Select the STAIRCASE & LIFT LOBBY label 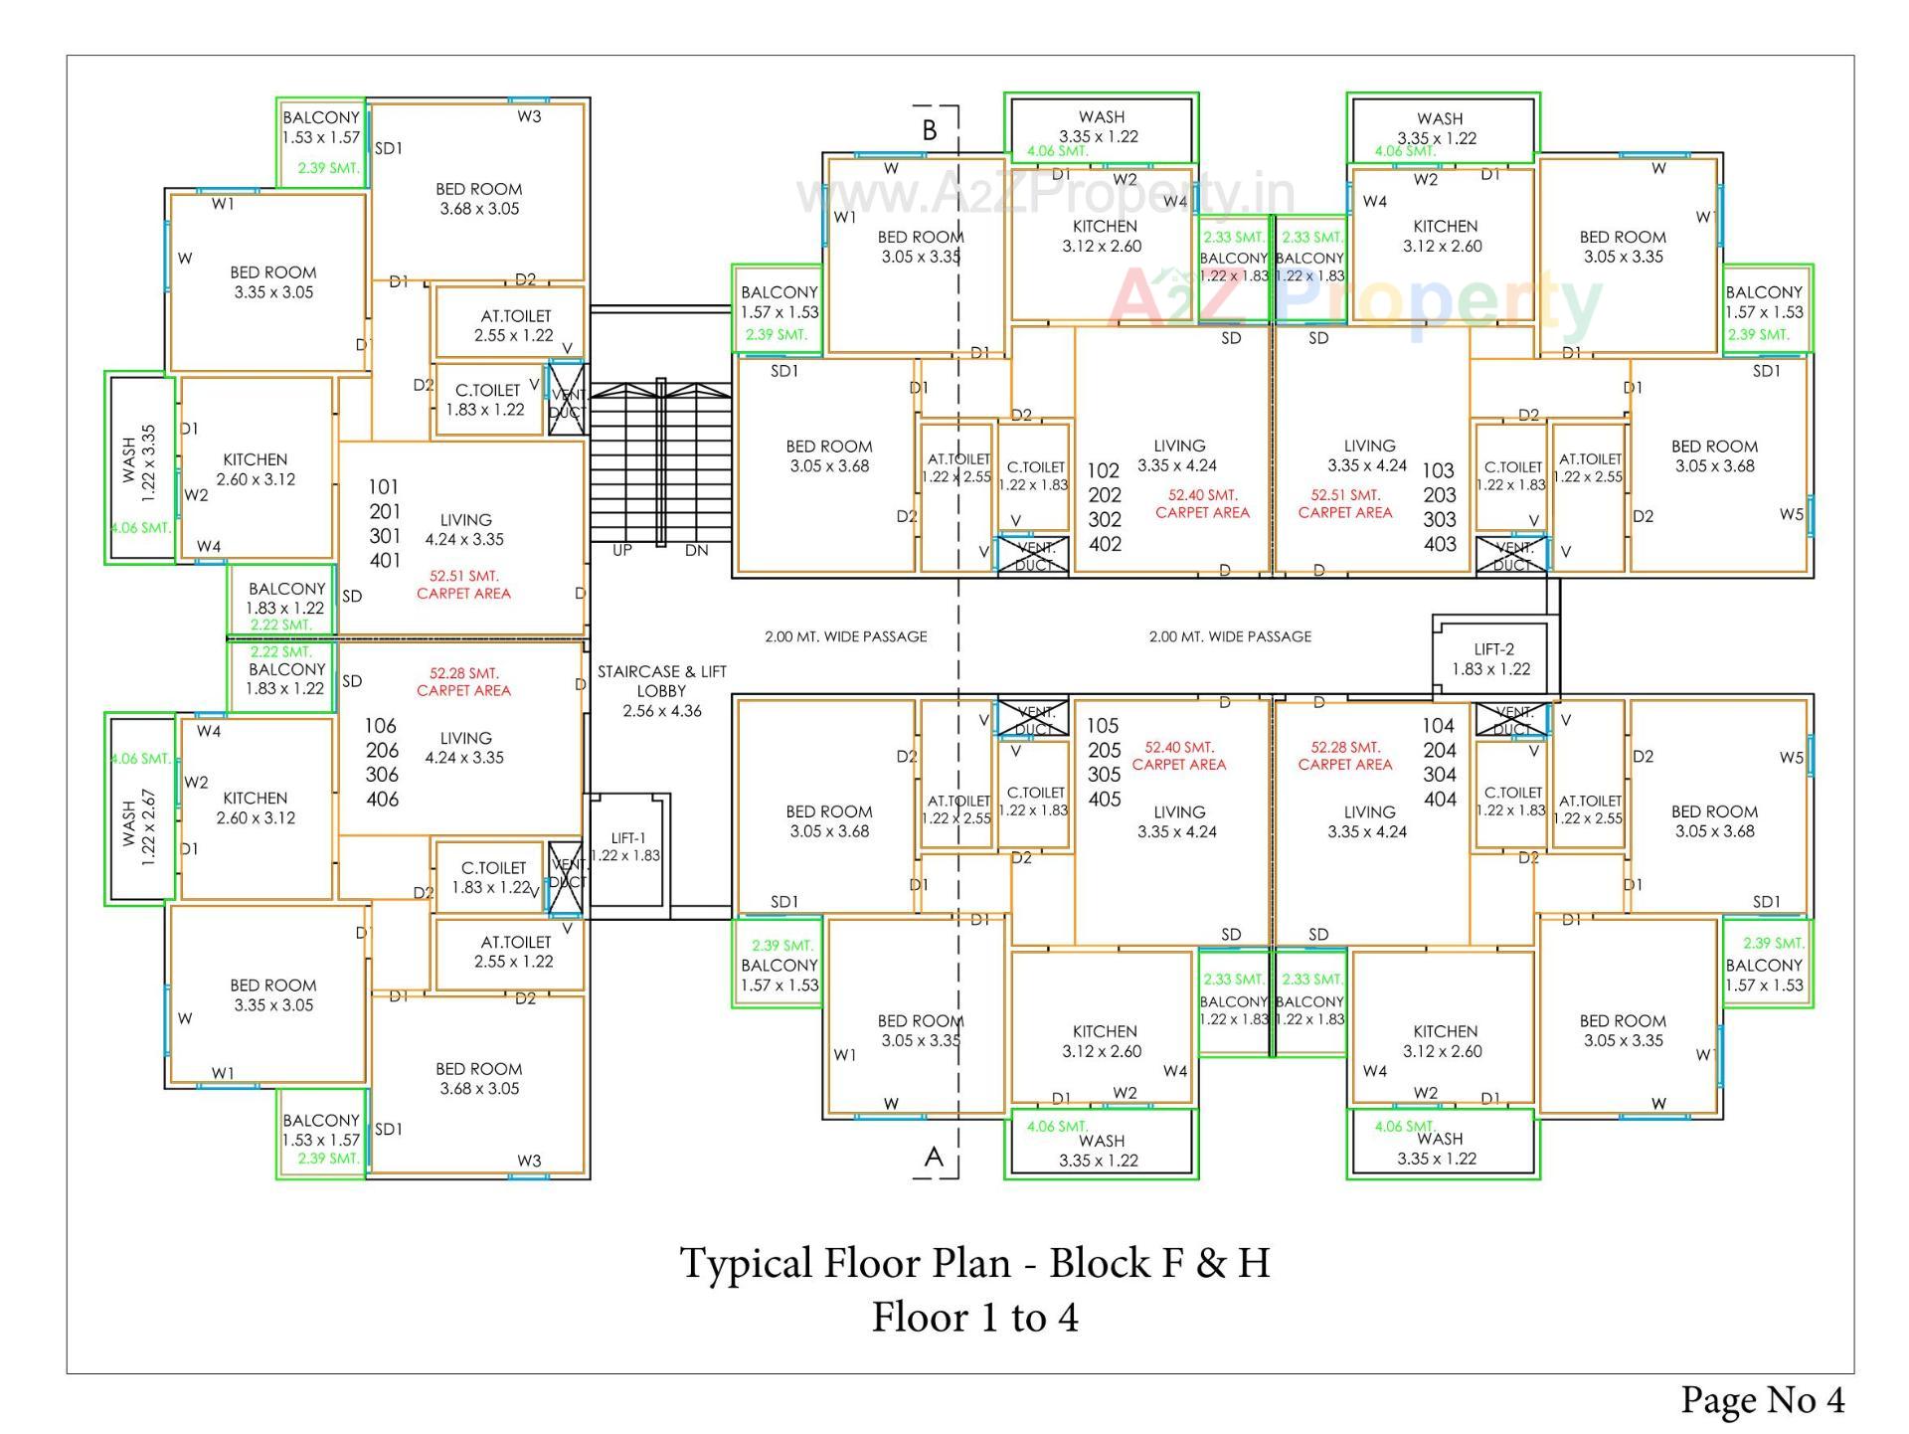point(661,690)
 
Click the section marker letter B point(930,130)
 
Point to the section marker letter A point(934,1157)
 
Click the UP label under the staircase point(621,550)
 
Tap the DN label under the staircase point(696,550)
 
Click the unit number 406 point(383,799)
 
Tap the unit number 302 point(1104,519)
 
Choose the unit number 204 point(1439,750)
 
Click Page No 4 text point(1762,1399)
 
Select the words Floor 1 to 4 point(974,1318)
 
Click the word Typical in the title point(746,1263)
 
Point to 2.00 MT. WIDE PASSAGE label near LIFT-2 point(1230,636)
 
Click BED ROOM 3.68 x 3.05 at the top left point(478,198)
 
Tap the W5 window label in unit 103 point(1791,514)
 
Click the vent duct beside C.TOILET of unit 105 point(1033,719)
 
